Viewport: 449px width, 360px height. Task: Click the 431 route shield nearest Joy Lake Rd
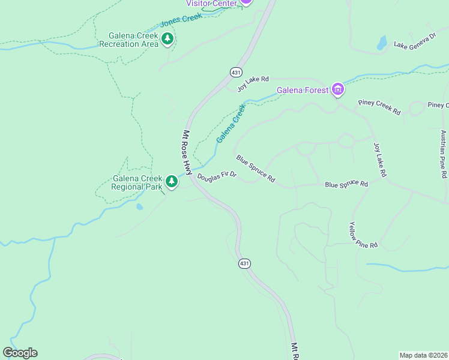coord(236,72)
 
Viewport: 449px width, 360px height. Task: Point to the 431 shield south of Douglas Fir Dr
coord(244,263)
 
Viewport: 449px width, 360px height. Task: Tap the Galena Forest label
coord(303,91)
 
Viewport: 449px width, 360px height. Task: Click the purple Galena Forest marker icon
coord(338,90)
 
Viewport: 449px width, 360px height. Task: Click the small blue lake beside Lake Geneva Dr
coord(382,43)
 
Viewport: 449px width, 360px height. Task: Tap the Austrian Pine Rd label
coord(444,154)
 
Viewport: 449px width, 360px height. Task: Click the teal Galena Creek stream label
coord(231,124)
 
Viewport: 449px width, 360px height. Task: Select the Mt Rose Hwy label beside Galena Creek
coord(187,152)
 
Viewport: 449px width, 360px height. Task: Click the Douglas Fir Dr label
coord(217,176)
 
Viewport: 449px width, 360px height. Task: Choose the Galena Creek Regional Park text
coord(137,182)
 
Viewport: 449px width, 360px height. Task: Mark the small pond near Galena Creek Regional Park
coord(139,206)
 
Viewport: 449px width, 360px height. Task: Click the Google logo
coord(20,353)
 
